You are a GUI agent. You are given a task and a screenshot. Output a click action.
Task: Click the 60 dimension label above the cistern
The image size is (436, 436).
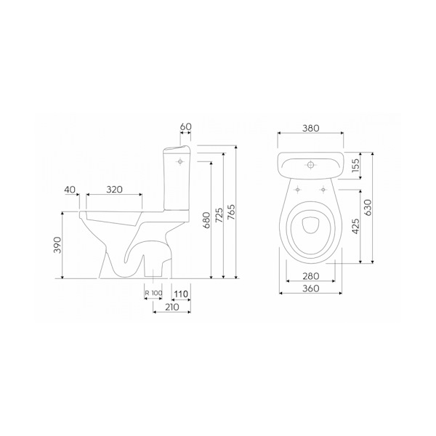click(186, 126)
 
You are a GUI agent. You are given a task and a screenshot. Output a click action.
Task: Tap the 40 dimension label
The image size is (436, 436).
click(70, 190)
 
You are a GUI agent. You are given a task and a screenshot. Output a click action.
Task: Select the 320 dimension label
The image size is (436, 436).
click(114, 190)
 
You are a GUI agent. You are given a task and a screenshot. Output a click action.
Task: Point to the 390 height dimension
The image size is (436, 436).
click(57, 245)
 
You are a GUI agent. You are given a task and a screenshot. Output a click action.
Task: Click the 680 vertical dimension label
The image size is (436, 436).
click(207, 220)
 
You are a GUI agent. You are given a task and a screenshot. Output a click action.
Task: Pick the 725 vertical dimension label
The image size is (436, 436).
click(219, 215)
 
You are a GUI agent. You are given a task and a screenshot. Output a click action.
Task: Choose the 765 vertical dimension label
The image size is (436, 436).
click(232, 212)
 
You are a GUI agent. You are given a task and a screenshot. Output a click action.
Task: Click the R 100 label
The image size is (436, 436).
click(153, 293)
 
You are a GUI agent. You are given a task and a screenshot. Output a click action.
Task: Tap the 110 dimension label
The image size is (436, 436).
click(181, 294)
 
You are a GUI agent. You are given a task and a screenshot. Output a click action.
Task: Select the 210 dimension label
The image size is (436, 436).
click(172, 307)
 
